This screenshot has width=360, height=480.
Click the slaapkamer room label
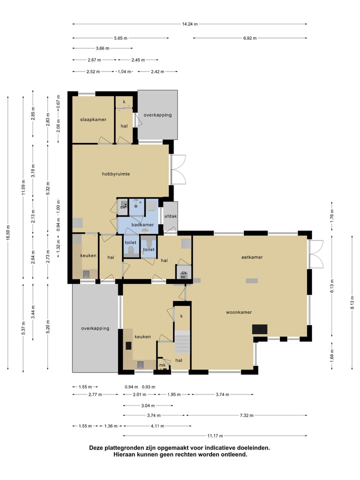coord(93,119)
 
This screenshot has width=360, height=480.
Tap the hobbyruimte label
coord(115,174)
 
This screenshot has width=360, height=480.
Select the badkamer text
coord(142,224)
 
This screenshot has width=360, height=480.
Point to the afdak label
coord(170,216)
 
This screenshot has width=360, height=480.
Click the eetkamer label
coord(252,257)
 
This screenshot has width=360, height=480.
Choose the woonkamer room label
coord(239,312)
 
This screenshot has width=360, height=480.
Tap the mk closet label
coord(162,365)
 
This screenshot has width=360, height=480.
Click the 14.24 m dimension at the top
coord(190,24)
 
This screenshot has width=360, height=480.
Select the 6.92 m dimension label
coord(250,38)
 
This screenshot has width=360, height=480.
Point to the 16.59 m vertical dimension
coord(8,232)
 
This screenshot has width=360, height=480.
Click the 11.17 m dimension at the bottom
coord(215,435)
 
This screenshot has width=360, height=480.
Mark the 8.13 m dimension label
coord(352,302)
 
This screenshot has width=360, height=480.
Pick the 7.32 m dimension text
coord(246,415)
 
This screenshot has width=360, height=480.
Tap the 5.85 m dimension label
coord(120,38)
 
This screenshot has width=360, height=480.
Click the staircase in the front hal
coord(182,342)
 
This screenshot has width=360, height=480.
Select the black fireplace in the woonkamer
coord(259,329)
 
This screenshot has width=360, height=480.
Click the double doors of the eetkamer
coord(316,254)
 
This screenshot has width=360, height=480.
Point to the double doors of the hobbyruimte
coord(178,169)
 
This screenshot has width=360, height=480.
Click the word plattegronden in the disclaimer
coord(123,448)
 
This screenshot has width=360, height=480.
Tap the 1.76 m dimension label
coord(332,215)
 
